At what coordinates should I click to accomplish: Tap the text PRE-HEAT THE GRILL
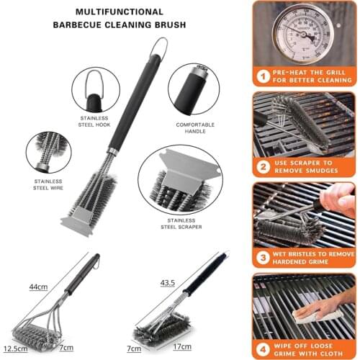310,71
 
